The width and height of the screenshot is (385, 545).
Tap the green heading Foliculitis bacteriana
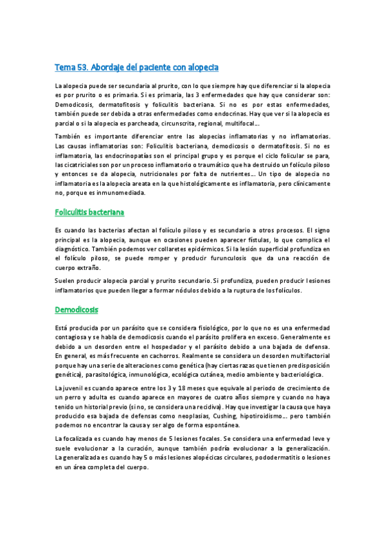pyautogui.click(x=89, y=211)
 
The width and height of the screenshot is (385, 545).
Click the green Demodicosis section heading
pyautogui.click(x=76, y=309)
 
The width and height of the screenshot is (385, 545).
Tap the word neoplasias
pyautogui.click(x=193, y=415)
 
